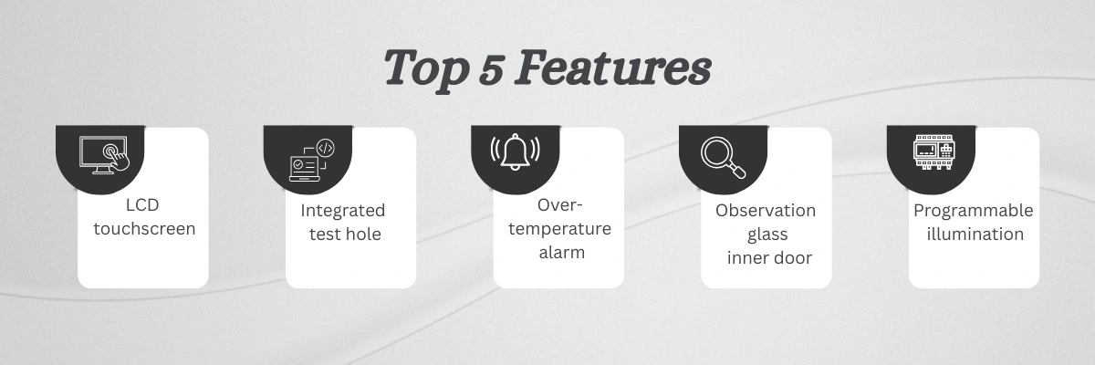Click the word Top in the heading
pos(426,69)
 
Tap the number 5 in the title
pos(491,70)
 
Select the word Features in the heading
pos(613,68)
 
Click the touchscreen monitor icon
pos(105,155)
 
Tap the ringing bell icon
pos(516,151)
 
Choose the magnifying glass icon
pos(724,157)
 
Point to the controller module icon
pos(934,152)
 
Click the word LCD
pos(142,205)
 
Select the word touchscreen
pos(144,229)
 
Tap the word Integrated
pos(343,211)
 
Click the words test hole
pos(345,234)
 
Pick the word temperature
pos(559,229)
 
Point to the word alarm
pos(562,253)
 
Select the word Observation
pos(766,211)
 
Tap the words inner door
pos(769,257)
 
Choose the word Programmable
pos(974,211)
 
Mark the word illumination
pos(975,234)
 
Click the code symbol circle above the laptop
pos(326,148)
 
